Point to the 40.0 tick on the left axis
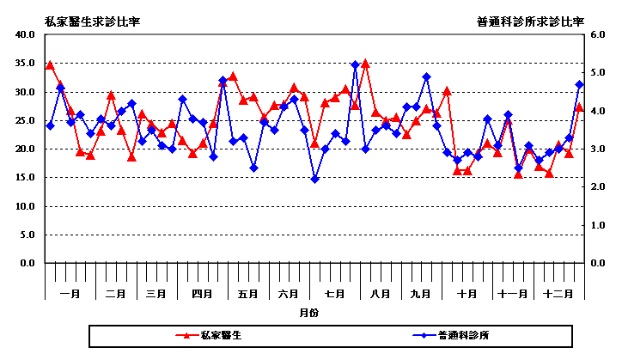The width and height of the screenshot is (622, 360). tap(23, 35)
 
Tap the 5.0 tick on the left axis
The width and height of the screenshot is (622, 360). tap(26, 235)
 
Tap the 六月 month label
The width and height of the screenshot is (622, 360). tap(290, 294)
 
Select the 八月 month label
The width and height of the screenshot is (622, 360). tap(380, 294)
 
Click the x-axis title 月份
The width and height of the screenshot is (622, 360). tap(309, 314)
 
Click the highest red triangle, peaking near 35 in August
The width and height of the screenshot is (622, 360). tap(365, 64)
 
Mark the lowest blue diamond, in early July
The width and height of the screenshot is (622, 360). tap(314, 179)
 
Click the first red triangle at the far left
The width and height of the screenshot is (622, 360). tap(50, 65)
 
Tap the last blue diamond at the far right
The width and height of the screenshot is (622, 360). tap(579, 84)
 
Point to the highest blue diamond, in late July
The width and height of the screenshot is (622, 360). tap(355, 64)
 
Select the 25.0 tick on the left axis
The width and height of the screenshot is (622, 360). tap(23, 120)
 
